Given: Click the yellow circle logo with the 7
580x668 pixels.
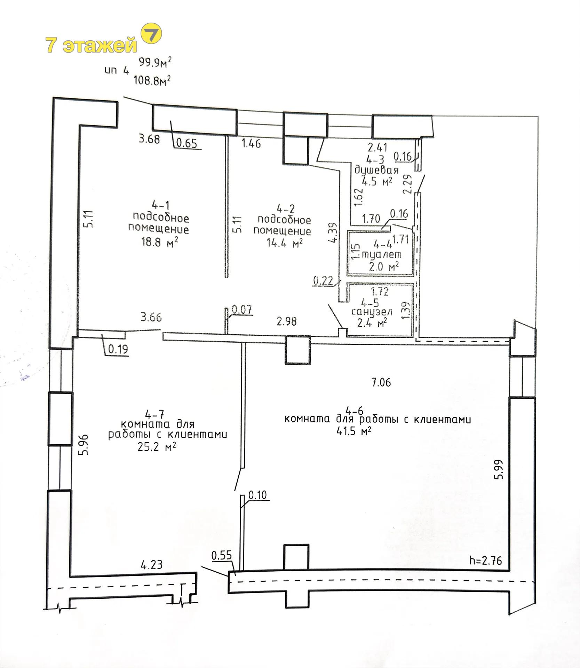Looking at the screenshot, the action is [151, 34].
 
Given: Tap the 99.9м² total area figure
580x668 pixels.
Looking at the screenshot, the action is [155, 63].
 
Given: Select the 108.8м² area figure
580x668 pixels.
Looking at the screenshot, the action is [152, 81].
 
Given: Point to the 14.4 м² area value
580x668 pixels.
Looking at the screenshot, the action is [284, 242].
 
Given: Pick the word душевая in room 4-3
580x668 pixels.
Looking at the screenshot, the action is [376, 171].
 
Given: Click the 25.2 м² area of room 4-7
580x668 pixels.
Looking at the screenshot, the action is [156, 447].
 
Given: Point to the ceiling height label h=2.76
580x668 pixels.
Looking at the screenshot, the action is [485, 560].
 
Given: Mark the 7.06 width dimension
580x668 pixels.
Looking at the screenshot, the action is [381, 382].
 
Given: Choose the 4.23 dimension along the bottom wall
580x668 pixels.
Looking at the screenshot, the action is [152, 564].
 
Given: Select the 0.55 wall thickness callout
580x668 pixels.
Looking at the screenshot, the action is [222, 555].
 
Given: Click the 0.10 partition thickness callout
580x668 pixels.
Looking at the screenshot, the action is [257, 495].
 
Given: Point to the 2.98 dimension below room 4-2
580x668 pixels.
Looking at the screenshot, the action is [287, 321].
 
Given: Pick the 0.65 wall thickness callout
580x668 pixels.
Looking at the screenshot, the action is [187, 143].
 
